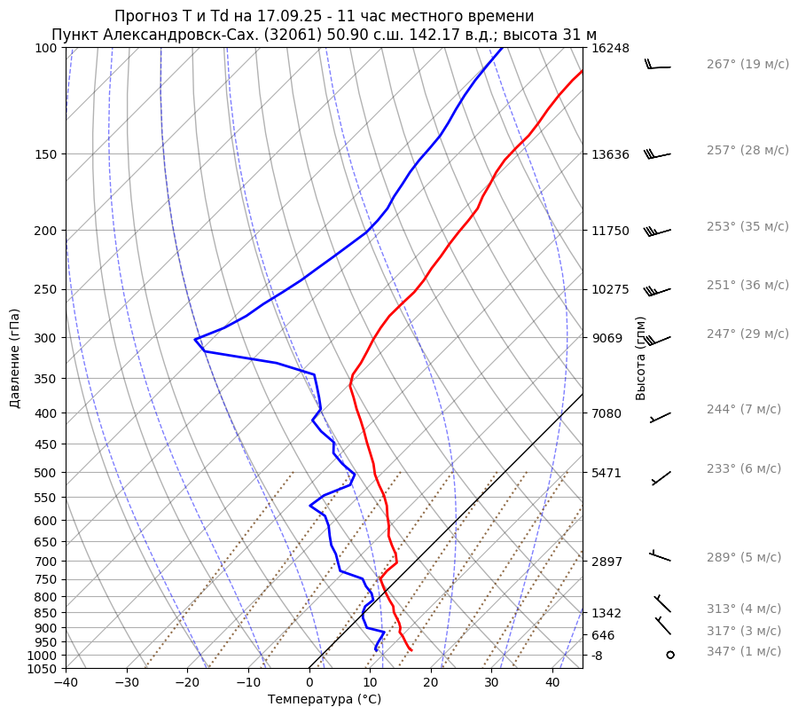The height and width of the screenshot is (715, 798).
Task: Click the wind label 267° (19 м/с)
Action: [x=747, y=65]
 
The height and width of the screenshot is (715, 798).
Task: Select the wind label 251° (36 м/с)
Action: [x=747, y=286]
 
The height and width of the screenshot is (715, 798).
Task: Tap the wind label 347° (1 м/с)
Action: [x=744, y=652]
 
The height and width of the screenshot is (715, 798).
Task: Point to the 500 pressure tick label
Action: [x=46, y=473]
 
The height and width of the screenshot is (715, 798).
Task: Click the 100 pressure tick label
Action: [x=46, y=48]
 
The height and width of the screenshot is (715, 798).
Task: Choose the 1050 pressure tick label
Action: [x=43, y=669]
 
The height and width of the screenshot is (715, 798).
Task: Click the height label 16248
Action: [x=610, y=48]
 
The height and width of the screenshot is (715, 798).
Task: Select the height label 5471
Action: [x=606, y=473]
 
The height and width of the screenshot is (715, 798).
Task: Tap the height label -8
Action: [x=598, y=656]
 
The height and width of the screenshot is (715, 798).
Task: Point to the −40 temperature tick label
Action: [x=66, y=683]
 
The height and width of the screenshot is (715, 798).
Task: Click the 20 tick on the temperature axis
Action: [x=431, y=683]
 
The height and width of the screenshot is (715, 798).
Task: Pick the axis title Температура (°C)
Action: [x=325, y=700]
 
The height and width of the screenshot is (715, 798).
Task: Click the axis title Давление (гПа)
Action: [x=15, y=358]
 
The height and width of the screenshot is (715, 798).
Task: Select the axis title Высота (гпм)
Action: [x=641, y=358]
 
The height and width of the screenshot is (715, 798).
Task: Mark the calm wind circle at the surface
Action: [x=669, y=655]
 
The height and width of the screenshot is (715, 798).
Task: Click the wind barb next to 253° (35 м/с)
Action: [x=657, y=232]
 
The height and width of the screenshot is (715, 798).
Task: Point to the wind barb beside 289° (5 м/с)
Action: [x=660, y=556]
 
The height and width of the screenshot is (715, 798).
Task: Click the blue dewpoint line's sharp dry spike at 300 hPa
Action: [x=196, y=339]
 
